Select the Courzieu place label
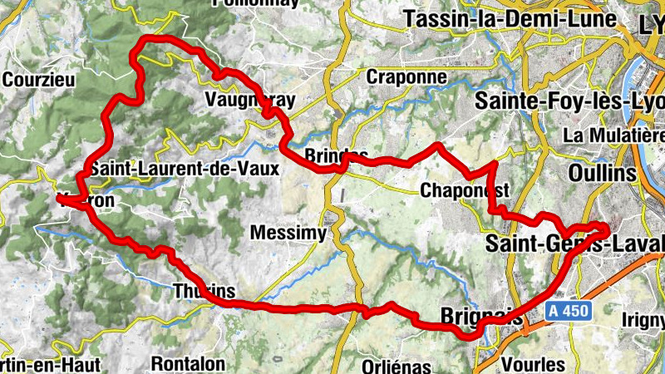(39, 81)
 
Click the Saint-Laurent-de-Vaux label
(185, 167)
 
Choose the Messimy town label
(288, 233)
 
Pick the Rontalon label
(188, 363)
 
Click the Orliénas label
(397, 366)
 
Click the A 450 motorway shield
(568, 311)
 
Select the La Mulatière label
(613, 135)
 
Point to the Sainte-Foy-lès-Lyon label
(569, 101)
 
